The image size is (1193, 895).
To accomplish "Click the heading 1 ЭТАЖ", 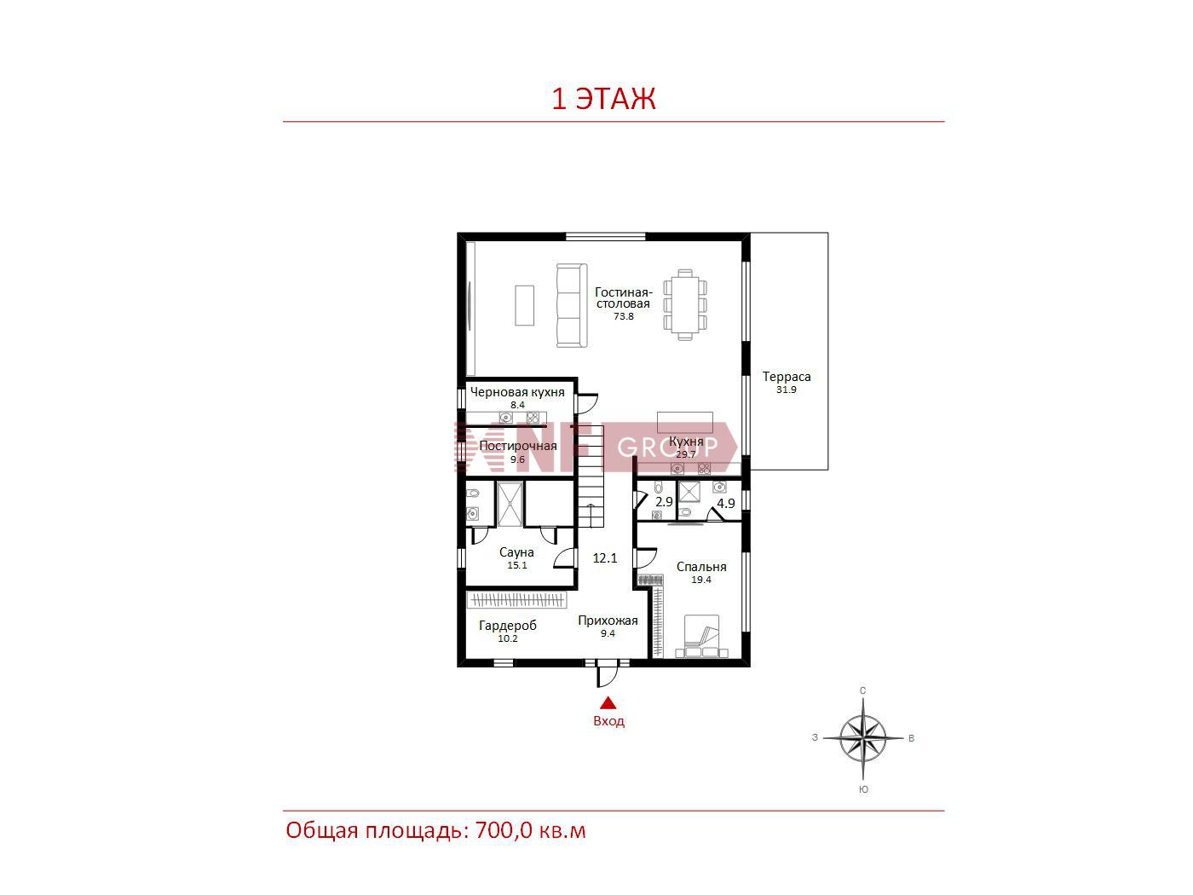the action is tap(603, 99).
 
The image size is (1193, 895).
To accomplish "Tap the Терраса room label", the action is tap(786, 376).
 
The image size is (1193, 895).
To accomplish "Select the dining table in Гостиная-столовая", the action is tap(685, 304).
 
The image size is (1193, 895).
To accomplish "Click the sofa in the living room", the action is tap(572, 305).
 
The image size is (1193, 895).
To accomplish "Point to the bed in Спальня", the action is tap(701, 637).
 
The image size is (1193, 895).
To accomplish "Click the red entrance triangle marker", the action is tap(608, 704).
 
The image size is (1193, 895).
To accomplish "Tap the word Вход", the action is tap(608, 721).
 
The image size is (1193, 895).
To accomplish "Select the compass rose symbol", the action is tap(863, 738).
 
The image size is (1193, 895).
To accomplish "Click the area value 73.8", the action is tap(624, 316).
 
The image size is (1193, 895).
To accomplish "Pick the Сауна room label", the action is tap(516, 552).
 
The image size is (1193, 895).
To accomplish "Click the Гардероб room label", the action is tap(508, 626).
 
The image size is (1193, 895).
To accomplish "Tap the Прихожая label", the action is tap(608, 621).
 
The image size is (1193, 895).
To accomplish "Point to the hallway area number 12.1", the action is tap(605, 558).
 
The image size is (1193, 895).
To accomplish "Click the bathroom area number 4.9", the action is tap(725, 503).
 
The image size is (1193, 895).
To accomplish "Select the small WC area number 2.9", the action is tap(664, 501).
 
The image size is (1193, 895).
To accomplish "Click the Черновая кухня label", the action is tap(517, 392).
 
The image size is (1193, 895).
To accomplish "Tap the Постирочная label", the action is tap(518, 446).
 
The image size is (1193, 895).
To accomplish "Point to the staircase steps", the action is tap(591, 476).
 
